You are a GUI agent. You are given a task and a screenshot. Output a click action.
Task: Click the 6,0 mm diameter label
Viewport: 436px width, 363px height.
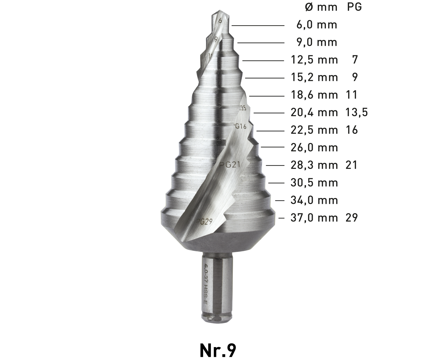(317, 25)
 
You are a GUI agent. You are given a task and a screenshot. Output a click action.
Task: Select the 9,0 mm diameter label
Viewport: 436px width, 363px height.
(317, 43)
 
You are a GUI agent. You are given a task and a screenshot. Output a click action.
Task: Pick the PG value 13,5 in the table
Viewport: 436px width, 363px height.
(357, 113)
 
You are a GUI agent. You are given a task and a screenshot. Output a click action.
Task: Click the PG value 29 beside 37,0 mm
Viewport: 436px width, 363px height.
(352, 218)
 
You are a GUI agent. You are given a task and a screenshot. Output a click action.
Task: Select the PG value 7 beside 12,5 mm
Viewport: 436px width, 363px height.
(355, 60)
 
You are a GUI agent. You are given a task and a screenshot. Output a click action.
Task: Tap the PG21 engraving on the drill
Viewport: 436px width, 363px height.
(230, 165)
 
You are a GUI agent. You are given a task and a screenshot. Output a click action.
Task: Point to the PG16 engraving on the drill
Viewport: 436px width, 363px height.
(239, 126)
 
